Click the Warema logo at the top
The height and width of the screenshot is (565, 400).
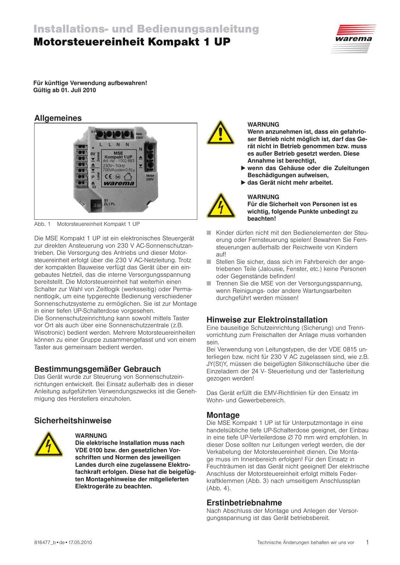point(354,39)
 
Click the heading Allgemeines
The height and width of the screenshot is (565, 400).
point(58,118)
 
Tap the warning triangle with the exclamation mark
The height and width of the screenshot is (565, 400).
point(220,133)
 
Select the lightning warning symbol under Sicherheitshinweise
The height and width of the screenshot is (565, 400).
point(49,444)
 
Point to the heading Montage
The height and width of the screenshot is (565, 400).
point(223,415)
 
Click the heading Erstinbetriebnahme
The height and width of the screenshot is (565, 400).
point(244,503)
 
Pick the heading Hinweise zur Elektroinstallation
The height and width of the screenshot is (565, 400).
point(267,320)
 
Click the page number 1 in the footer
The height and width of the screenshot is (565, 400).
point(367,542)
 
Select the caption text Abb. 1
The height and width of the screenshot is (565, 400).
point(42,224)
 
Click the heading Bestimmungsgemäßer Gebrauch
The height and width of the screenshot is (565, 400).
point(97,369)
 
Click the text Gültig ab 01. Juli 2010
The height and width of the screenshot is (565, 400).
point(64,90)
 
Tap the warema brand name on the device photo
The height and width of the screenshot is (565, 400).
point(119,183)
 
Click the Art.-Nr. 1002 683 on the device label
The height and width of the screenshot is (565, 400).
point(119,161)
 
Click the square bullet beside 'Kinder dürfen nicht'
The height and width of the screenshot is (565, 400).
point(209,233)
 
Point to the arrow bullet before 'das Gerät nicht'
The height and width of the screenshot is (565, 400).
point(243,183)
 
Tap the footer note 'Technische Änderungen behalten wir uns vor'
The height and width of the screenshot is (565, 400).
point(305,542)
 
